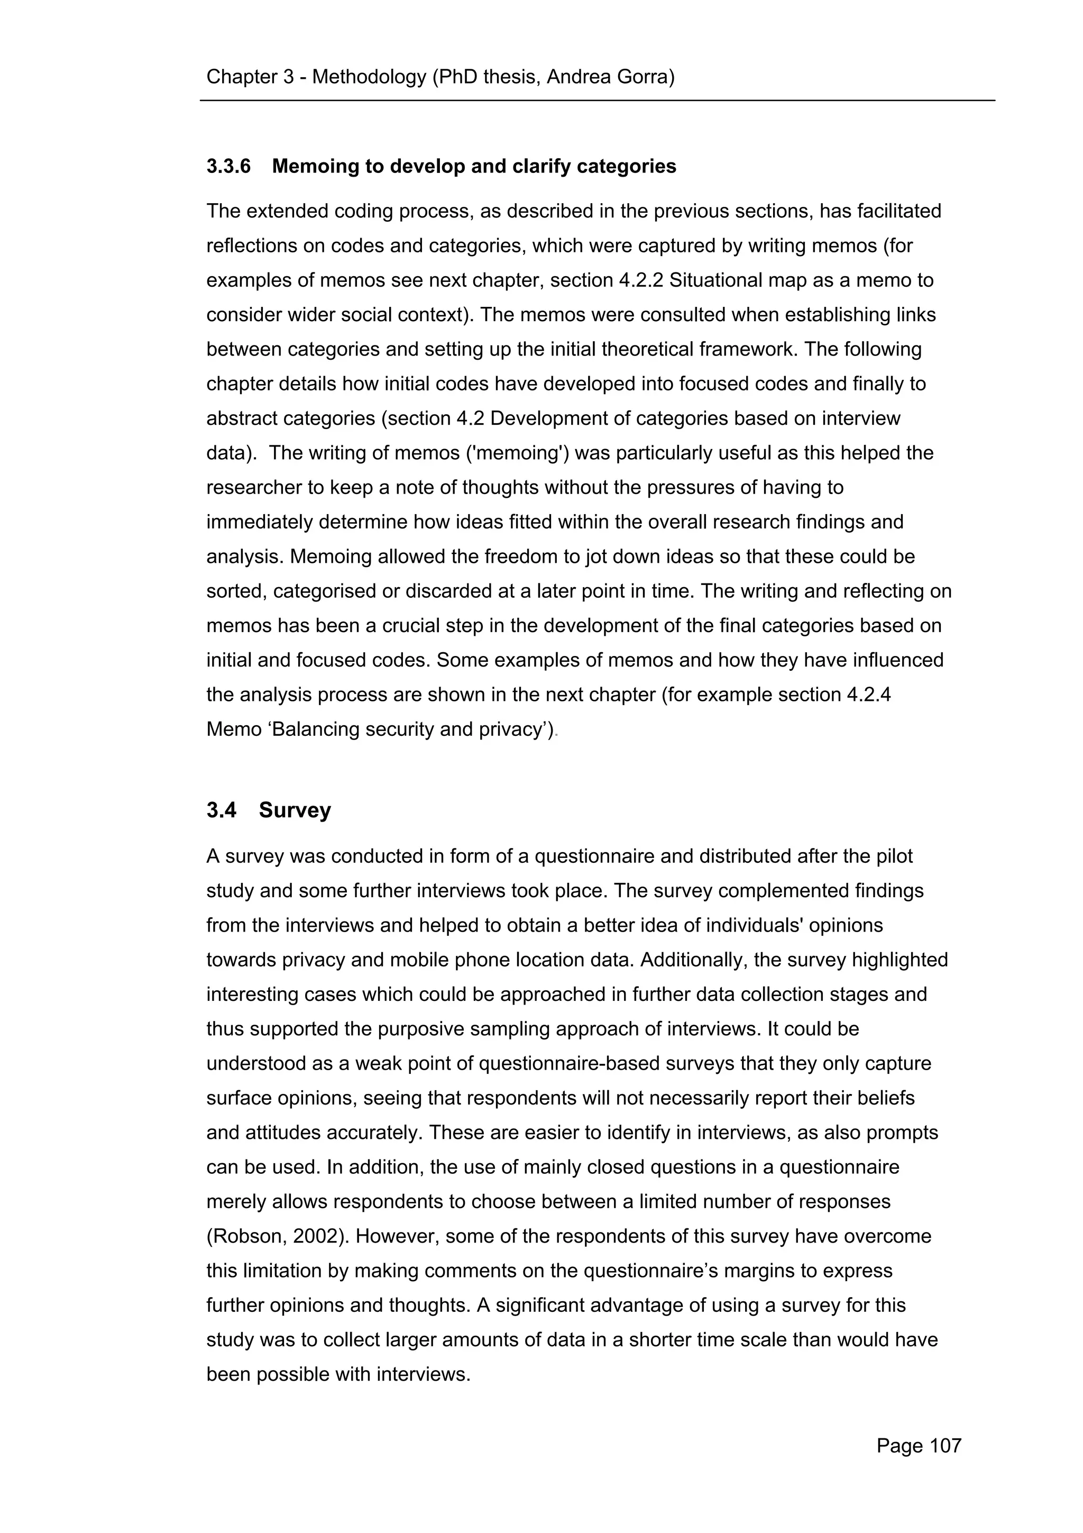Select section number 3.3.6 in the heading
click(x=228, y=166)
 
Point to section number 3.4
click(x=221, y=810)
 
